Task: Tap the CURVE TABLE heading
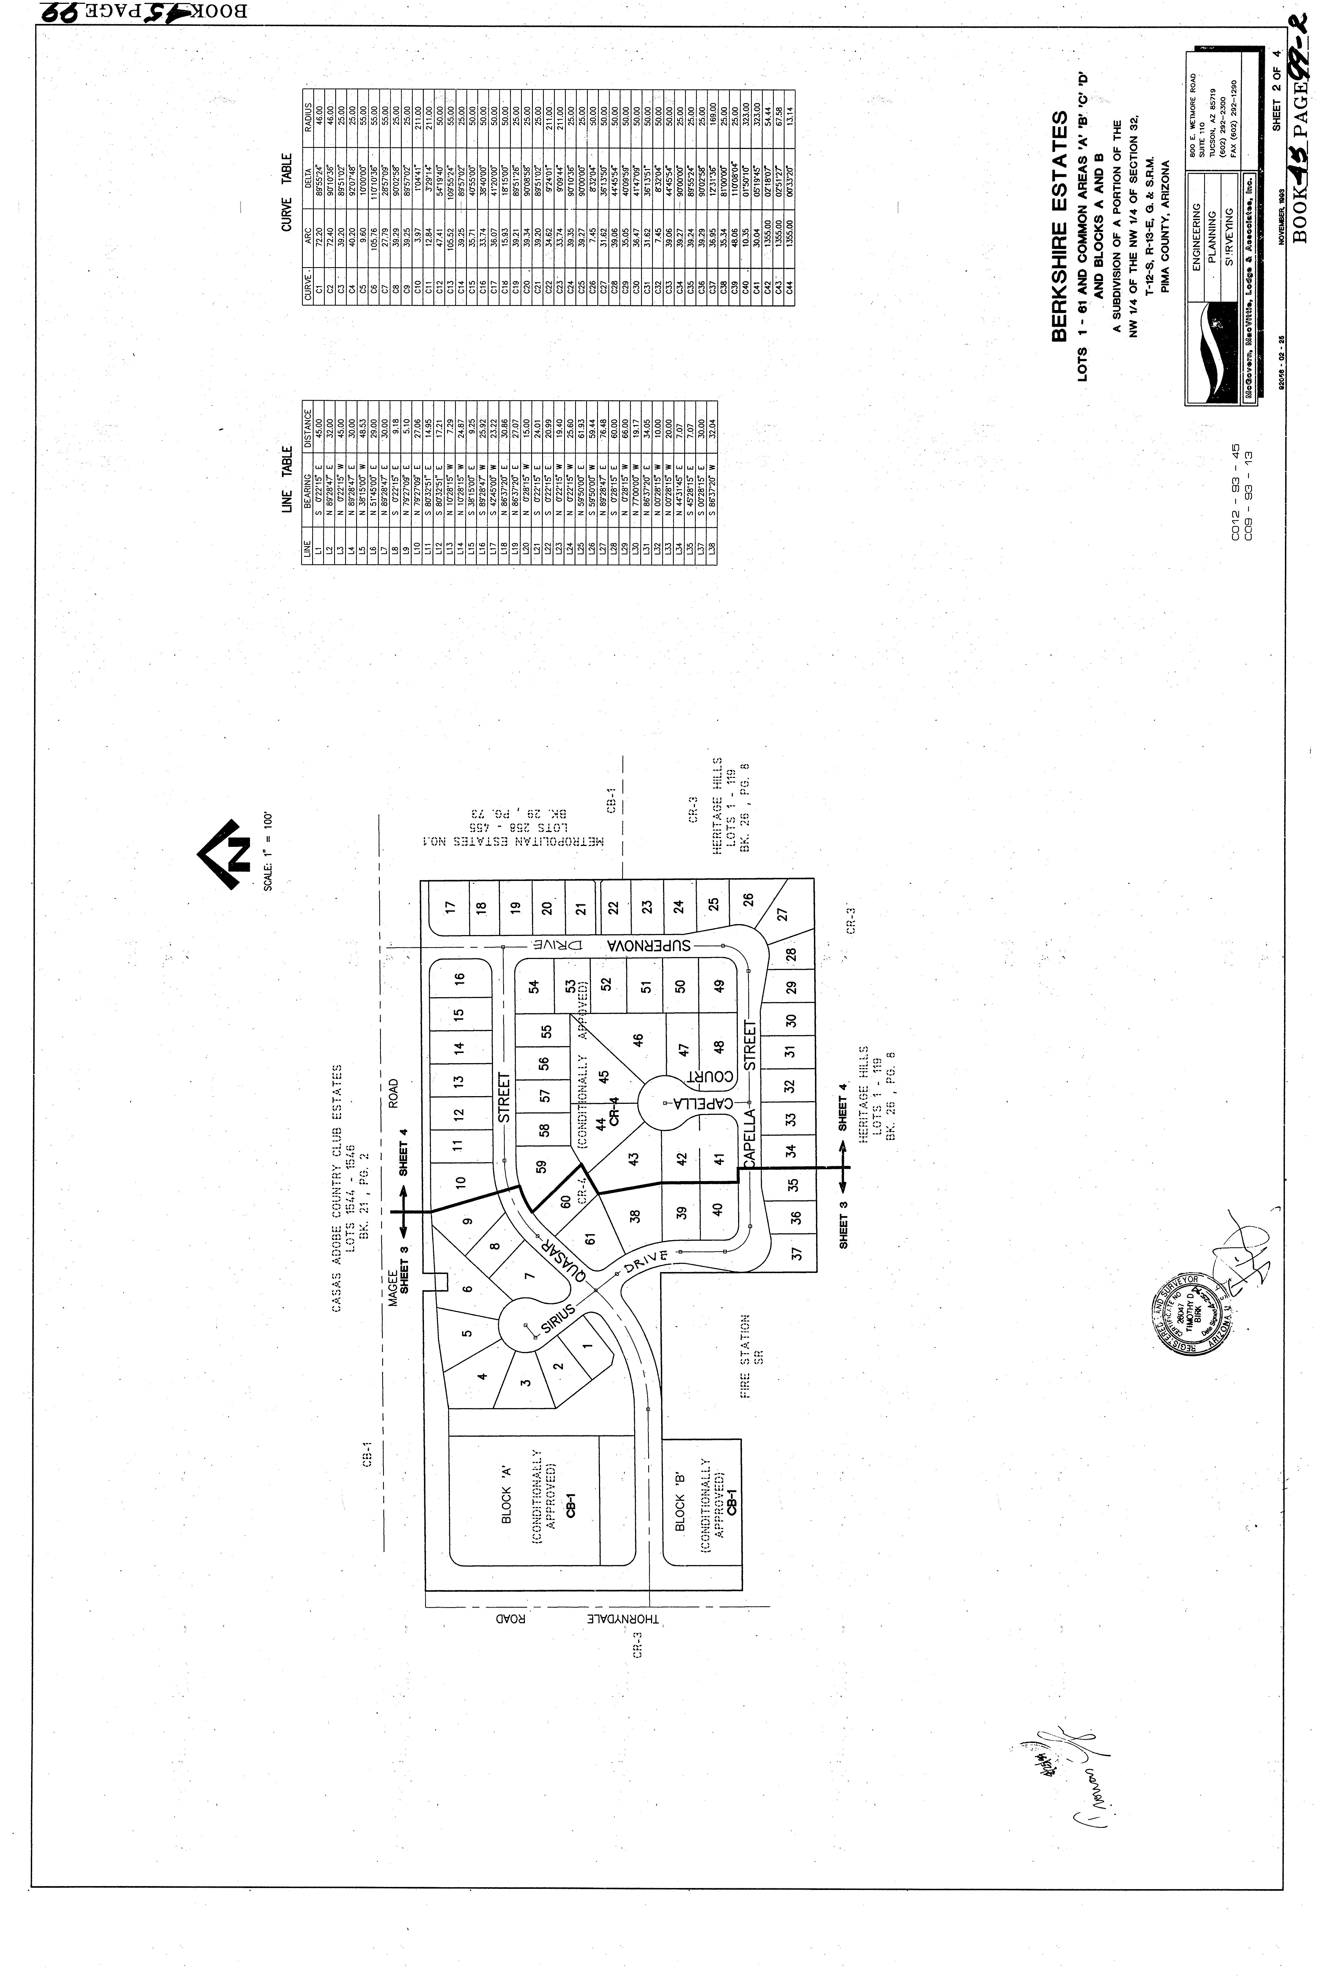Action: click(x=287, y=193)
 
